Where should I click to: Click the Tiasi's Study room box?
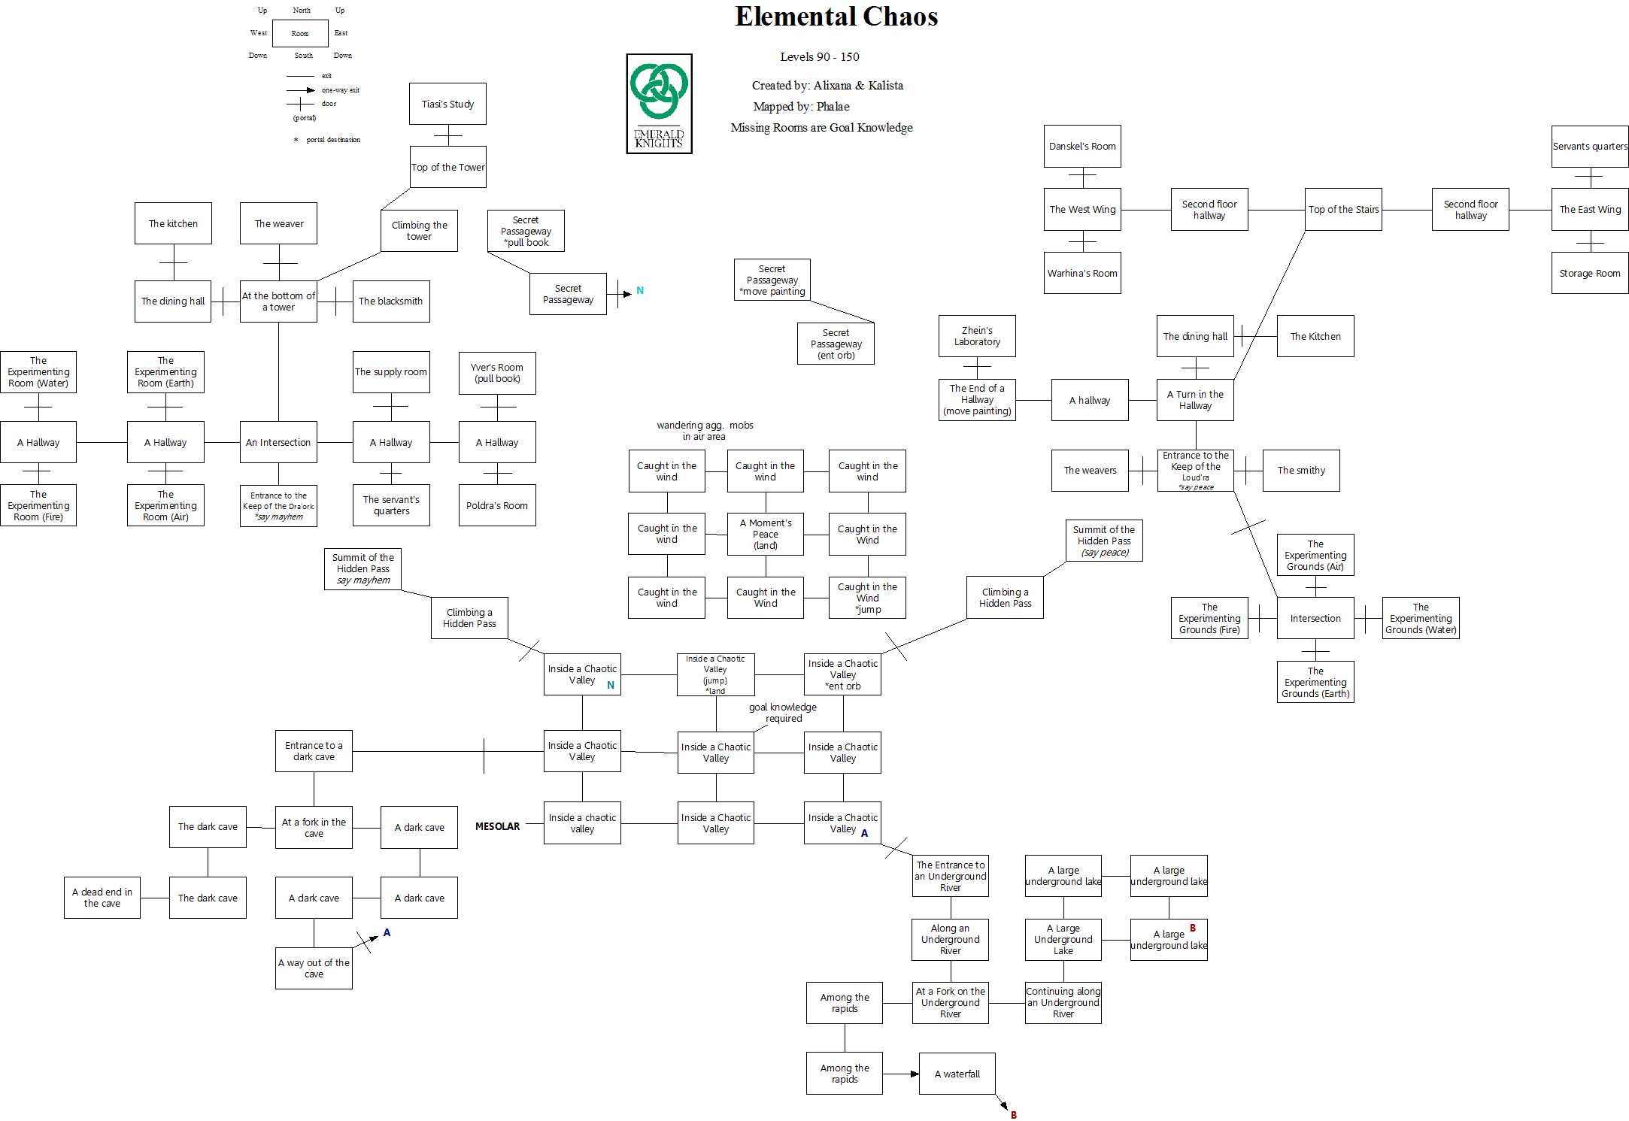pyautogui.click(x=447, y=104)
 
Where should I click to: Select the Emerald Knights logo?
pyautogui.click(x=659, y=104)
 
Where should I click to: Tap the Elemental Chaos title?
pyautogui.click(x=836, y=17)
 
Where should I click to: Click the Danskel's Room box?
pyautogui.click(x=1082, y=146)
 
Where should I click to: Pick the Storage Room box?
pyautogui.click(x=1589, y=273)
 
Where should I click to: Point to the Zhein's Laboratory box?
pyautogui.click(x=977, y=336)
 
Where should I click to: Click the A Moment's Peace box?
pyautogui.click(x=765, y=534)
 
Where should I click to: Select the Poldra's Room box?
pyautogui.click(x=496, y=505)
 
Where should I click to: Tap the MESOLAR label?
pyautogui.click(x=497, y=826)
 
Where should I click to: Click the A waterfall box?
pyautogui.click(x=957, y=1074)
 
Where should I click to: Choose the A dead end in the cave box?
pyautogui.click(x=102, y=898)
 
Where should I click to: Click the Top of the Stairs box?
pyautogui.click(x=1343, y=209)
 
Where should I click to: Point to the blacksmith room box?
pyautogui.click(x=390, y=301)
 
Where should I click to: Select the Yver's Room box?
pyautogui.click(x=496, y=373)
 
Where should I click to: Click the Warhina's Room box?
pyautogui.click(x=1082, y=273)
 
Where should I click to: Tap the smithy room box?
pyautogui.click(x=1301, y=471)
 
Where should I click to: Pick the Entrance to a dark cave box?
pyautogui.click(x=314, y=751)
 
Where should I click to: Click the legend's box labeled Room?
pyautogui.click(x=300, y=33)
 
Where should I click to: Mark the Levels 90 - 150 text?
pyautogui.click(x=819, y=57)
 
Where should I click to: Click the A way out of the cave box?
pyautogui.click(x=314, y=968)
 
